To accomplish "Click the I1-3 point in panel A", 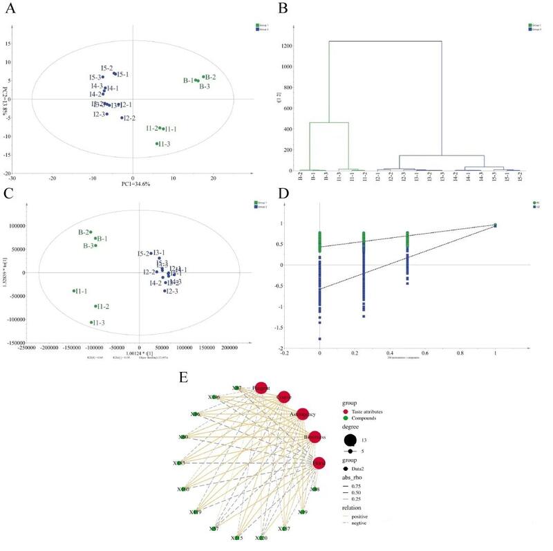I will [157, 143].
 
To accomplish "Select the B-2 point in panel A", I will [203, 77].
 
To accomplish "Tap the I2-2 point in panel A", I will [122, 118].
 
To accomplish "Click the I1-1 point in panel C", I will [74, 291].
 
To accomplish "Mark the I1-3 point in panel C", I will [91, 322].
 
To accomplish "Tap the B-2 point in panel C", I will [91, 232].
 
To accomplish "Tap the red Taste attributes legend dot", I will [346, 411].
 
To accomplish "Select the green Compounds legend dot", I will [346, 420].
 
